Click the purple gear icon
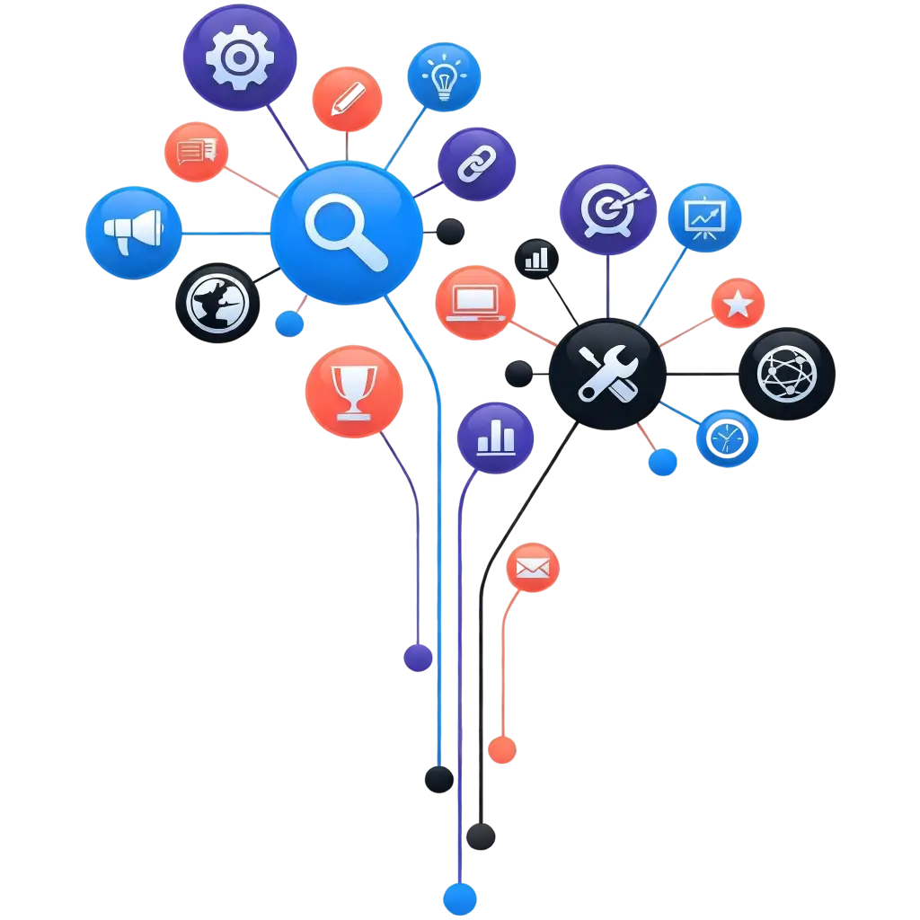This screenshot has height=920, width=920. (239, 57)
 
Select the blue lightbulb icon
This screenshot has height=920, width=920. (444, 78)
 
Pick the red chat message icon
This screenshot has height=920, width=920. (197, 153)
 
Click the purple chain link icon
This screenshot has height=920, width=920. (477, 164)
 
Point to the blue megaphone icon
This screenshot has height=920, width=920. (134, 233)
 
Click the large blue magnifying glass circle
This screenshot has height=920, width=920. (346, 233)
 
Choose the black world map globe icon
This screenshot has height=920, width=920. (217, 303)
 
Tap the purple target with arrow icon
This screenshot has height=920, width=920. (608, 209)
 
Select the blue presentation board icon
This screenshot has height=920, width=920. (705, 217)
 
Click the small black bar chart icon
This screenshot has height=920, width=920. (536, 259)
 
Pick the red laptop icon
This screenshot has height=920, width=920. (475, 303)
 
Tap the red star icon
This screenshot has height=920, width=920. (738, 304)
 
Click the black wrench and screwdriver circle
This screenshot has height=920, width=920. (607, 374)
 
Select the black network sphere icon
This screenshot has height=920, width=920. (788, 373)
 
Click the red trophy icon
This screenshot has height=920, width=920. (354, 393)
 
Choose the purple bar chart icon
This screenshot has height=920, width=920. (496, 438)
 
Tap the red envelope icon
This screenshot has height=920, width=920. (533, 568)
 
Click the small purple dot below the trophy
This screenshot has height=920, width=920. (417, 658)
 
